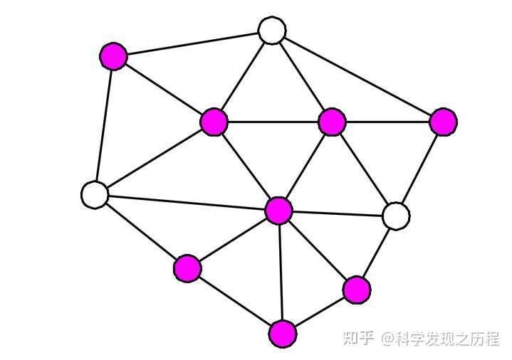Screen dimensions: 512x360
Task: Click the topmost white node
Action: (271, 31)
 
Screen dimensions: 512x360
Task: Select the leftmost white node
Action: (95, 194)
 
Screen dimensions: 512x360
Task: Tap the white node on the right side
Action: (396, 216)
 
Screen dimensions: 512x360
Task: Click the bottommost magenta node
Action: (283, 333)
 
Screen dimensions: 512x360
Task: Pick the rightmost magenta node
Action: (443, 122)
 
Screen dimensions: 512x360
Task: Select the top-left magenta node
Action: (113, 55)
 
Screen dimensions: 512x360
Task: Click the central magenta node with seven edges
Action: (278, 211)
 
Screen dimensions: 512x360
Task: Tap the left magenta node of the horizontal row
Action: (214, 122)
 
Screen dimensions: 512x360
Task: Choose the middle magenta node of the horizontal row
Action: (332, 122)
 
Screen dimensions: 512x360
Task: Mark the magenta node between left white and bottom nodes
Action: (187, 268)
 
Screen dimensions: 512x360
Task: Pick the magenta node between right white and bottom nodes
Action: (356, 290)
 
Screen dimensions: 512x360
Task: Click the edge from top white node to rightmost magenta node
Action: (357, 76)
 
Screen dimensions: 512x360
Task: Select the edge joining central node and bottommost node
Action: (281, 272)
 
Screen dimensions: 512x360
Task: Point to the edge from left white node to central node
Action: (187, 203)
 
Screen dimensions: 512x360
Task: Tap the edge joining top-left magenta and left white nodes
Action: (104, 125)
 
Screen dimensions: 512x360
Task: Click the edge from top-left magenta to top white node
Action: (192, 43)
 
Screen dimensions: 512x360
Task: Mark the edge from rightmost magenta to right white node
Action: (419, 169)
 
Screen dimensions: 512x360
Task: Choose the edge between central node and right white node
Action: (337, 213)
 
